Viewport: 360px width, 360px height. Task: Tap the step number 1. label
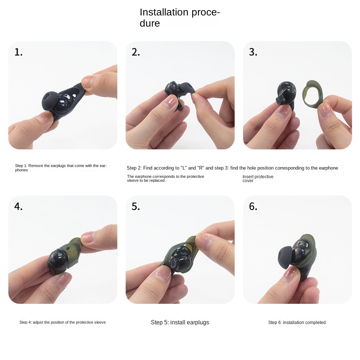pyautogui.click(x=18, y=53)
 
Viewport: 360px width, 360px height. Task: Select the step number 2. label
pyautogui.click(x=136, y=53)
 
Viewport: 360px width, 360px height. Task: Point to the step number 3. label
pyautogui.click(x=253, y=53)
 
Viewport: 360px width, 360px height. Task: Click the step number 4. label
pyautogui.click(x=18, y=207)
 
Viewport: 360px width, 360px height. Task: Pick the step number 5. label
pyautogui.click(x=136, y=207)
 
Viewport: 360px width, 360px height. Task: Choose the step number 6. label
pyautogui.click(x=253, y=207)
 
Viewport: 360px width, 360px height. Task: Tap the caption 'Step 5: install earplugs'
pyautogui.click(x=180, y=323)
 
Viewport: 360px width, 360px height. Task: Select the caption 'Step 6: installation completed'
pyautogui.click(x=297, y=323)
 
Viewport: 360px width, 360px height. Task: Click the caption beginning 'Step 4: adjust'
pyautogui.click(x=63, y=323)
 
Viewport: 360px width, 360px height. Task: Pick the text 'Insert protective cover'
pyautogui.click(x=258, y=179)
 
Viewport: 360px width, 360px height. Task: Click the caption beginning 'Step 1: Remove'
pyautogui.click(x=60, y=168)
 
